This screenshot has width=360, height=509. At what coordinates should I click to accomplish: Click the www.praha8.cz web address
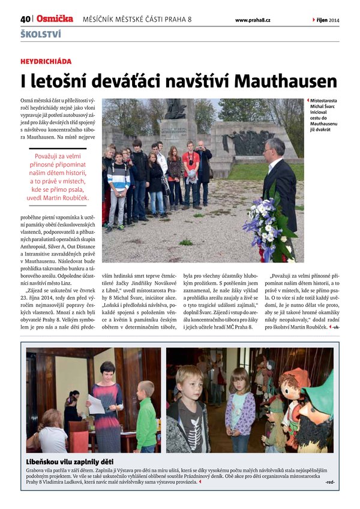(252, 20)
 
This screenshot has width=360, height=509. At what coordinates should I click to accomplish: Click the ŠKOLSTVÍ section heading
(40, 34)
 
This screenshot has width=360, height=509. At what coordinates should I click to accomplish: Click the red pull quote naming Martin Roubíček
(58, 171)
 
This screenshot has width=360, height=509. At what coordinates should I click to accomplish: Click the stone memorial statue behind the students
(175, 109)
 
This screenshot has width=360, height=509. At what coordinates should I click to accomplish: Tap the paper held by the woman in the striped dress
(96, 403)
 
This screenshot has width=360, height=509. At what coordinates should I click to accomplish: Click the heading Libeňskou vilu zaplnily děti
(70, 462)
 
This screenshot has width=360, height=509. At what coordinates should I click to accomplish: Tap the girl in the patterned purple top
(240, 410)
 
